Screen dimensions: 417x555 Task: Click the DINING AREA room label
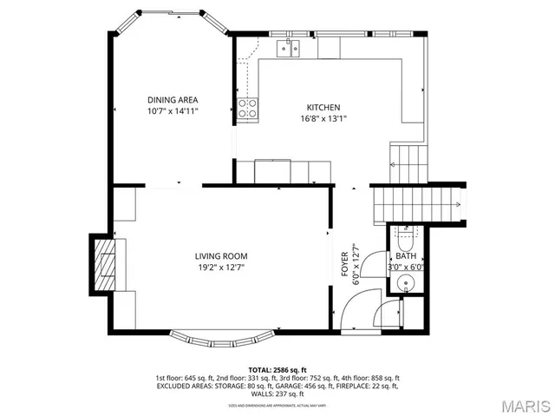coord(173,100)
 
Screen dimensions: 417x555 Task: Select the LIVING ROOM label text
coord(221,256)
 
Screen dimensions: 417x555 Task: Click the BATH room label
coord(406,257)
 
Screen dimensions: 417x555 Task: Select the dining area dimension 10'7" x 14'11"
coord(173,112)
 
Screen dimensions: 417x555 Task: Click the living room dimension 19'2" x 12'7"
coord(221,268)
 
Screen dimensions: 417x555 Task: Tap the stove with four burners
coord(248,109)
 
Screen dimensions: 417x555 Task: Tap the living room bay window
coord(223,337)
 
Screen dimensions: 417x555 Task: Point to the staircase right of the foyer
coord(416,203)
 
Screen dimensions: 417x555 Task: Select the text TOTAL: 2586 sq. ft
coord(277,369)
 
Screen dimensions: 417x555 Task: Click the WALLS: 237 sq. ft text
coord(277,394)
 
